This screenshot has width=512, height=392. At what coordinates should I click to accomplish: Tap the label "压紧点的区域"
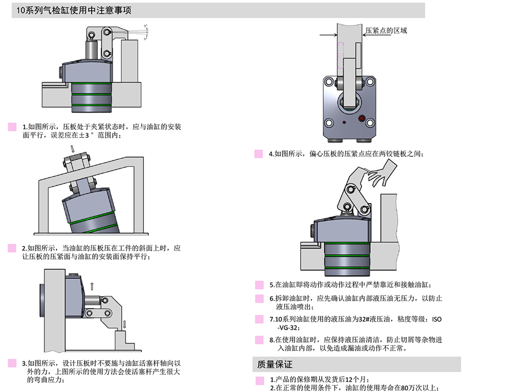click(x=386, y=30)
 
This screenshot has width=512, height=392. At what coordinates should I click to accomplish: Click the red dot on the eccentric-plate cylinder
click(x=362, y=118)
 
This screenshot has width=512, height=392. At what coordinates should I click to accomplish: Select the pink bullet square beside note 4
click(x=259, y=154)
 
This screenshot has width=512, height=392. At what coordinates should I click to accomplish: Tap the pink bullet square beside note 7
click(x=259, y=319)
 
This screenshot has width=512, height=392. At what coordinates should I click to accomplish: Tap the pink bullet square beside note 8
click(x=259, y=340)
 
